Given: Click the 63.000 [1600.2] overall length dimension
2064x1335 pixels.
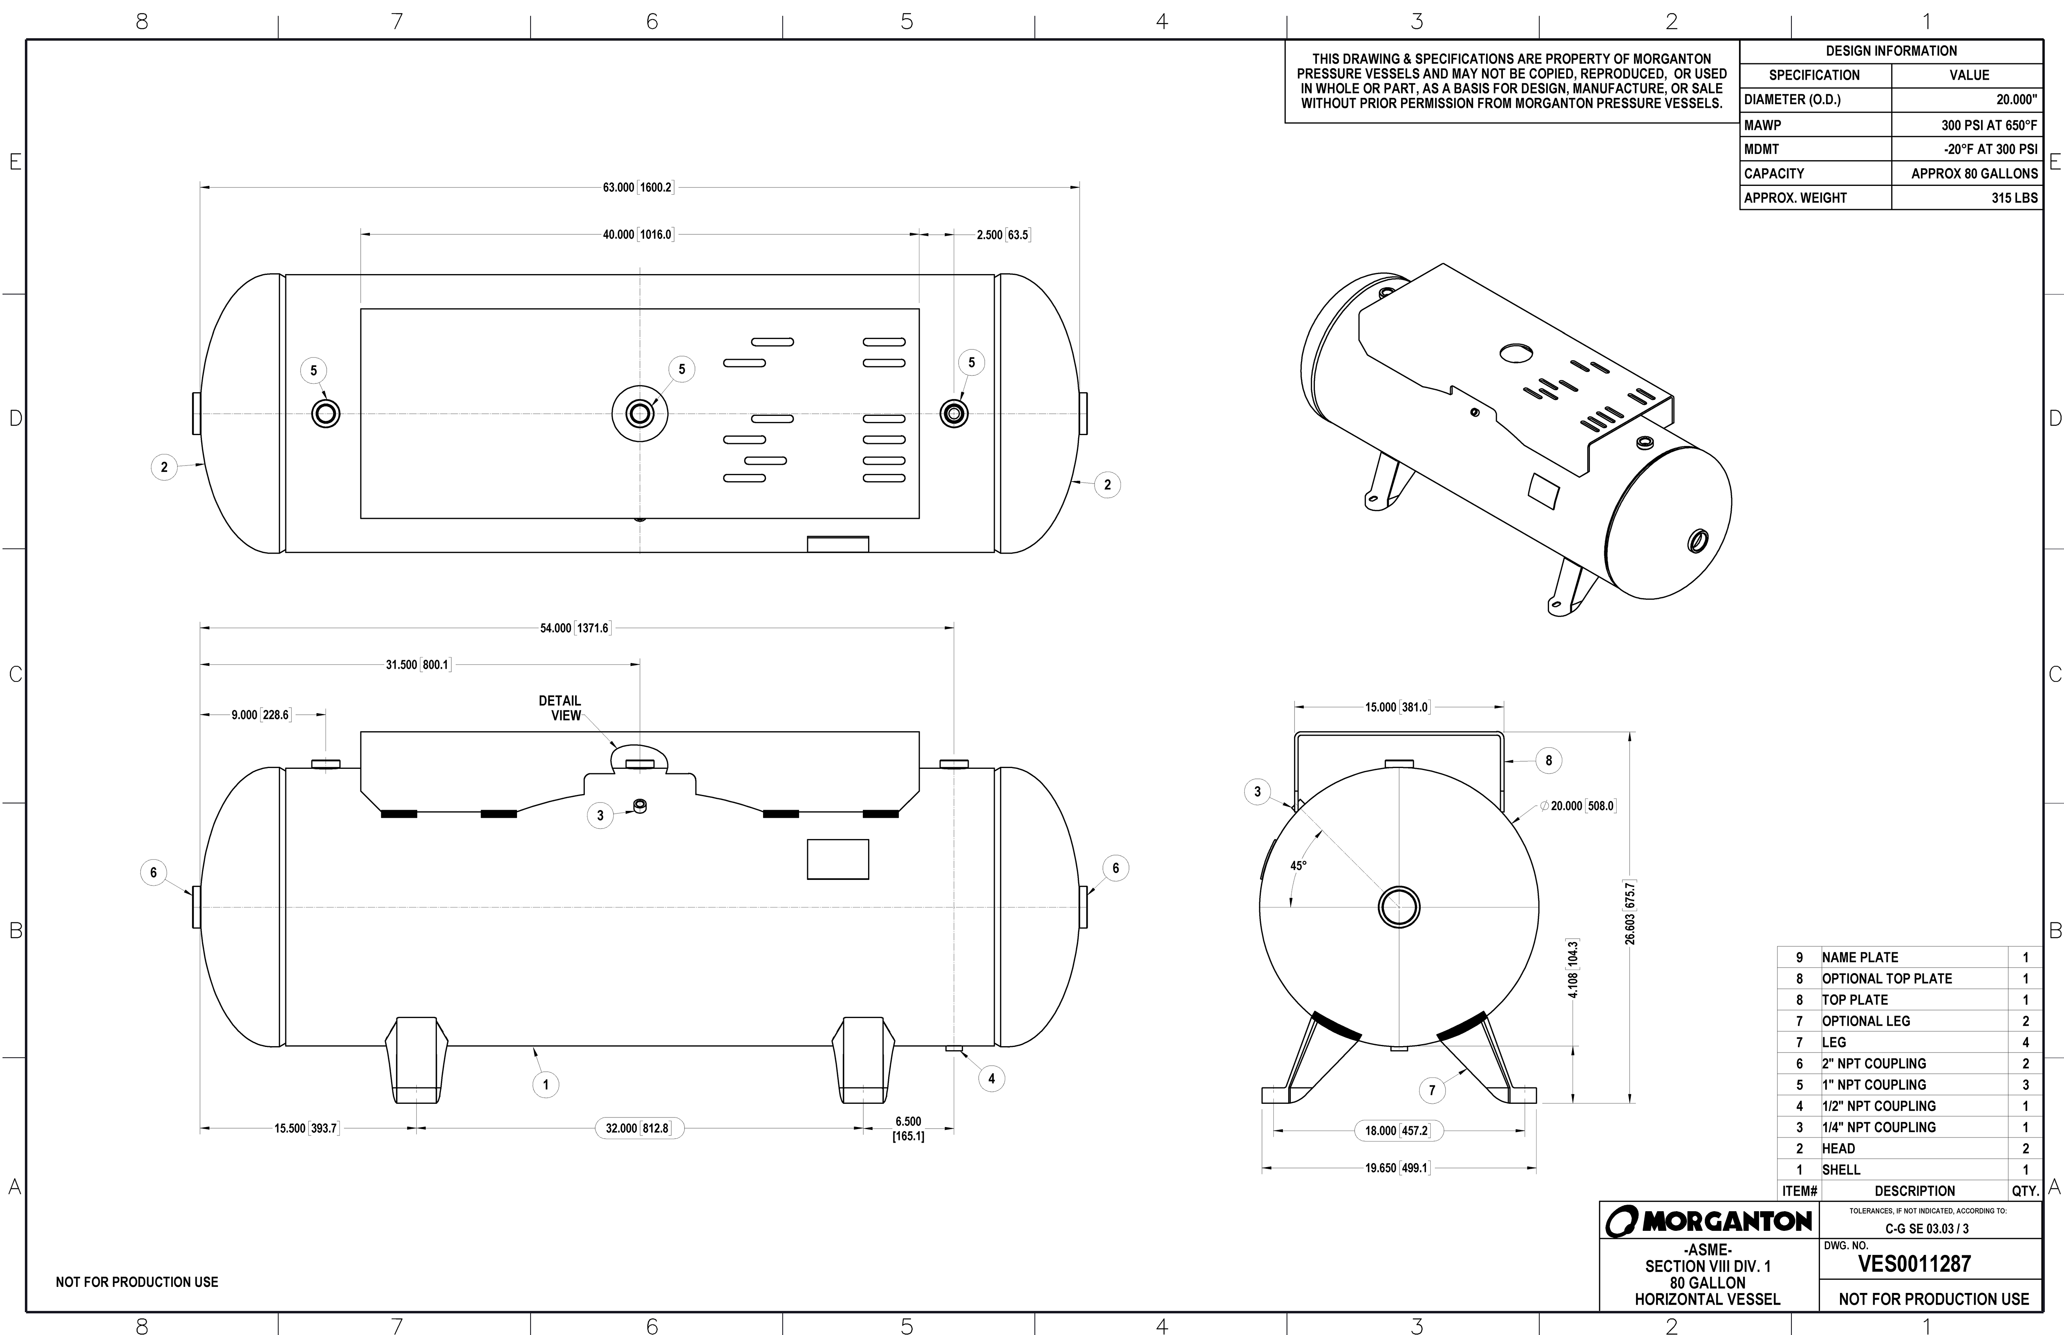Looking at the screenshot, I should click(638, 187).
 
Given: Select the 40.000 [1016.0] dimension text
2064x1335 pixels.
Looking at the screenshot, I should click(638, 235).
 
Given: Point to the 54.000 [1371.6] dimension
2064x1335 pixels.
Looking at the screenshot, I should click(575, 627).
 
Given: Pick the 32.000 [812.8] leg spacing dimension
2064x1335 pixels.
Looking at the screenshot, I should click(638, 1129).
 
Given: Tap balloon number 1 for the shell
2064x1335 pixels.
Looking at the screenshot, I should click(545, 1085).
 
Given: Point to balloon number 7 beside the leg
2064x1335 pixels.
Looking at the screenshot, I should click(1432, 1091).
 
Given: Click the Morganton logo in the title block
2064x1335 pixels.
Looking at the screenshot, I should click(1709, 1222).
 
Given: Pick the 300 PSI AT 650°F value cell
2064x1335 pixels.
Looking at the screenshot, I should click(1989, 125).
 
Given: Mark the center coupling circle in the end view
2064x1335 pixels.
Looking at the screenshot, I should click(1398, 907).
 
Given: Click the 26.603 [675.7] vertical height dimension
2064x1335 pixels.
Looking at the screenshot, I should click(1630, 913).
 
